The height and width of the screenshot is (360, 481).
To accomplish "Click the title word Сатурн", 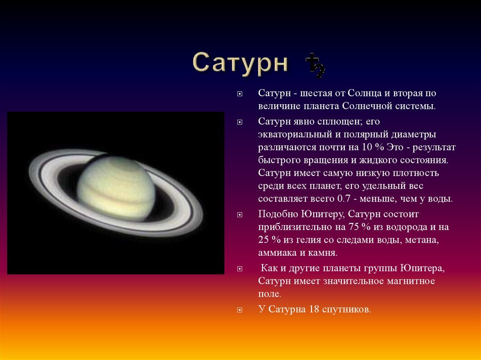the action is [240, 62].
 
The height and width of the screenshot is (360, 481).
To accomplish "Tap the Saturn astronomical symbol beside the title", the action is [315, 65].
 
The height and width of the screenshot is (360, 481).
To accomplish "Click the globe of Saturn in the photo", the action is [116, 188].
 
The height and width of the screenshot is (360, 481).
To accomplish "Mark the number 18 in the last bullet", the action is [314, 309].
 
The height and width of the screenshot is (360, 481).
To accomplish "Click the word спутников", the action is [346, 310].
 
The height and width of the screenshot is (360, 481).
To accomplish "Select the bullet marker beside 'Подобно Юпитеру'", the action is [240, 215].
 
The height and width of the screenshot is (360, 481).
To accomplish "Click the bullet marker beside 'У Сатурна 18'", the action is [240, 310].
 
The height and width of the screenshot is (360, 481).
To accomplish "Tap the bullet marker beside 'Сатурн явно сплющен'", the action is [240, 123].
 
